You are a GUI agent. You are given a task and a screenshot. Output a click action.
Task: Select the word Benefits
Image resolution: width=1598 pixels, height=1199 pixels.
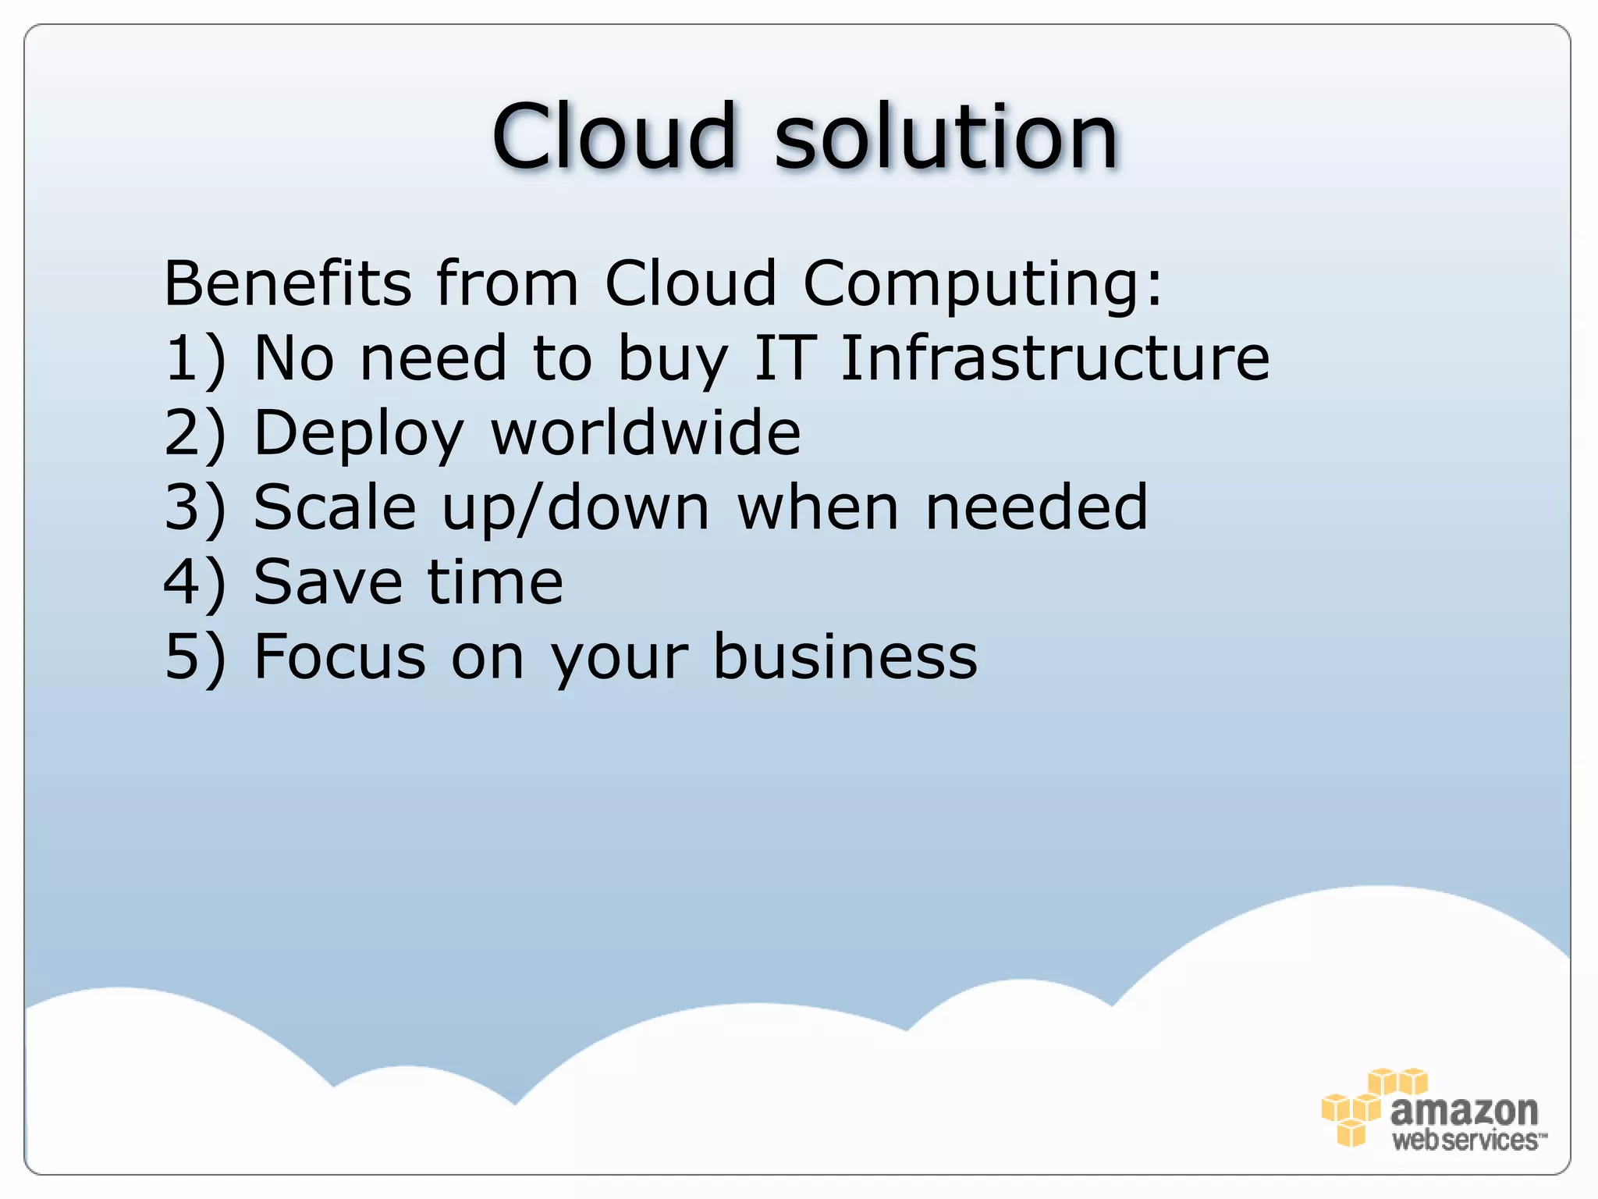[287, 283]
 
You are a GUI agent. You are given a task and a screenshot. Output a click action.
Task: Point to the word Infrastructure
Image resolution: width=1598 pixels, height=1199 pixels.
[1055, 358]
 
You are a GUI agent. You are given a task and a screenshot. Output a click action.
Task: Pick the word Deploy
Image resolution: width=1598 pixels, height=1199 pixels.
[359, 434]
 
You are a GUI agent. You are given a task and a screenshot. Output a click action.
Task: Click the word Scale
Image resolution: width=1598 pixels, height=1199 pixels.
[335, 507]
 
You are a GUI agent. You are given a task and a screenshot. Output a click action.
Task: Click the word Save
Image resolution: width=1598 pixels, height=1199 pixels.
[328, 582]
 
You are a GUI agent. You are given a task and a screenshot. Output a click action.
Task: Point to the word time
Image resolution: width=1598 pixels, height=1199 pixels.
[495, 582]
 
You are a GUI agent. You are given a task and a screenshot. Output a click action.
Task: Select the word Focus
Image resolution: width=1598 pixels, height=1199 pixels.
[339, 657]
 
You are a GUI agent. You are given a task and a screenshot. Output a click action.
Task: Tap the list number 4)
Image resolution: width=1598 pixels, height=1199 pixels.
[194, 582]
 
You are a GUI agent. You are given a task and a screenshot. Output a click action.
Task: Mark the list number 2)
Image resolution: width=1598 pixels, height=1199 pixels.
[194, 433]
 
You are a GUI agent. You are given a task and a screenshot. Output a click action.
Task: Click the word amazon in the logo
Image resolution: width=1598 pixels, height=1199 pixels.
[1464, 1109]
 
